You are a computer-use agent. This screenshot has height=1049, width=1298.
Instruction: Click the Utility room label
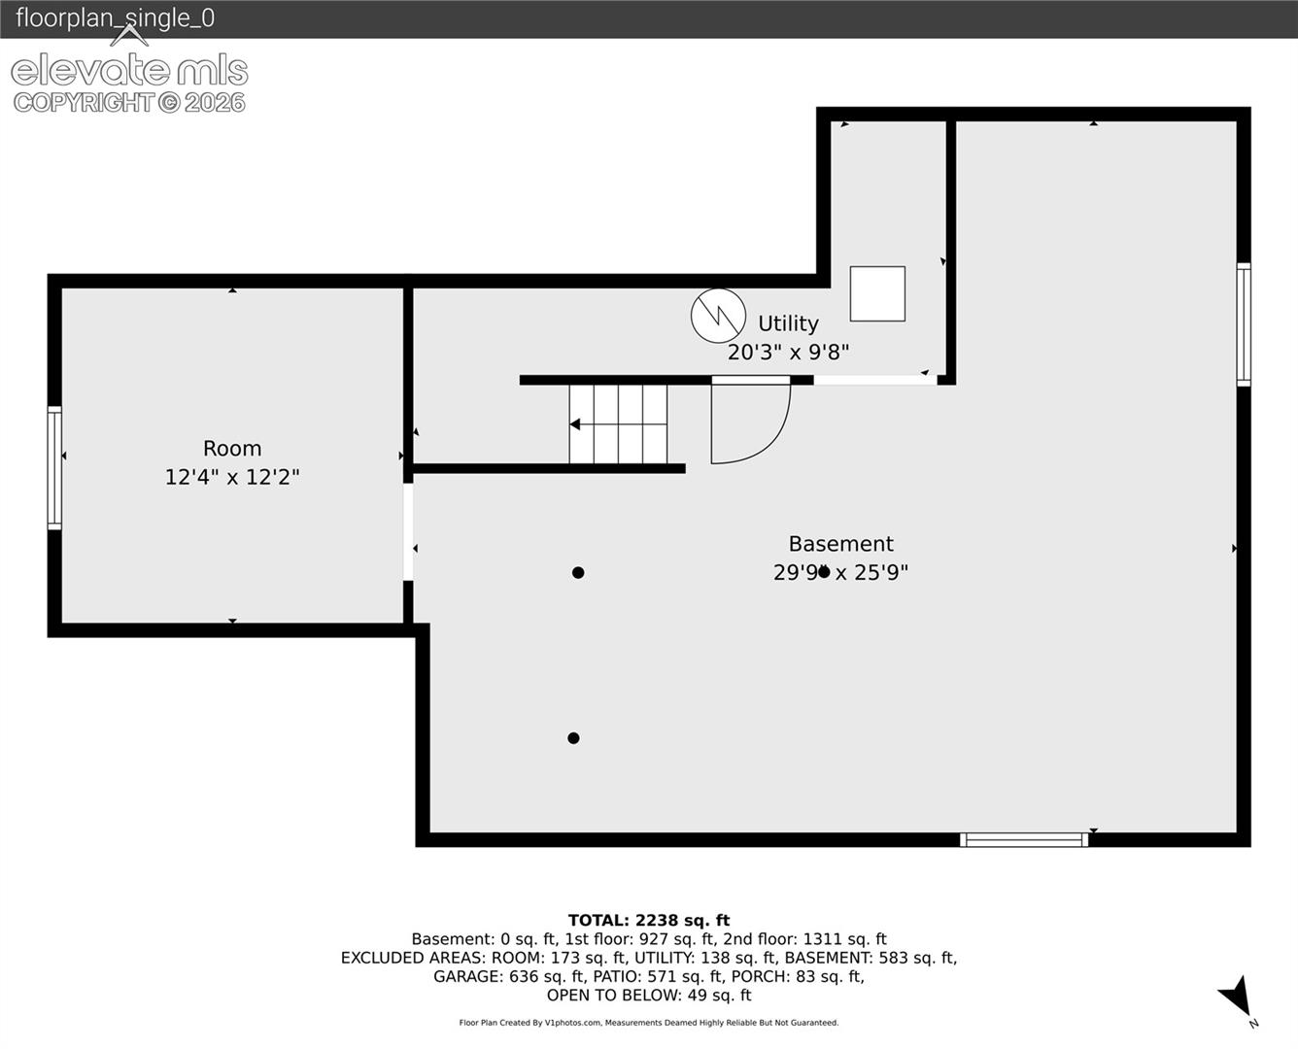coord(788,323)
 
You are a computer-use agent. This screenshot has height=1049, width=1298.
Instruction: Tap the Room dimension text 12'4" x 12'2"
coord(232,477)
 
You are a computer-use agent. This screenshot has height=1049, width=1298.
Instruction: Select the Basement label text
coord(841,543)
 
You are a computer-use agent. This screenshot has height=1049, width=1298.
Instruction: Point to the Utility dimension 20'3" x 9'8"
coord(788,353)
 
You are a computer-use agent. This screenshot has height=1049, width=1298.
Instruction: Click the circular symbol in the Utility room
coord(718,316)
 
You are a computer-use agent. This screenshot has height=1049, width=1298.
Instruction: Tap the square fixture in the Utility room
coord(877,293)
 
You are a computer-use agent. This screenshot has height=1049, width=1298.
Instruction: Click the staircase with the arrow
coord(618,424)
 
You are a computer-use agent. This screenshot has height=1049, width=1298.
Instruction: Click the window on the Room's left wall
coord(54,468)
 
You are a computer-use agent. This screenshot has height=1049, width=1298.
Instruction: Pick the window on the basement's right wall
coord(1244,324)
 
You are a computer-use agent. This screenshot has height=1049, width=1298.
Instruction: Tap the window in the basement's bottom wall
coord(1024,840)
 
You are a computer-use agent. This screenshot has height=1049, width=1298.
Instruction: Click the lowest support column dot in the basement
coord(573,738)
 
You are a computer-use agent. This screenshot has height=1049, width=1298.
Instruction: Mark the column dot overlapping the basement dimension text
coord(824,572)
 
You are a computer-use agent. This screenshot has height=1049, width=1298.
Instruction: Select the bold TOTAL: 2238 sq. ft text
coord(649,920)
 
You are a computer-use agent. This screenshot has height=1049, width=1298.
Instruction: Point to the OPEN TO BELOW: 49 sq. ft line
coord(649,996)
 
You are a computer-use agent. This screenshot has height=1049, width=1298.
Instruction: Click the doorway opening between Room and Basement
coord(408,532)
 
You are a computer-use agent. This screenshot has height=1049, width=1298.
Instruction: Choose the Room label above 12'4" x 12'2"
coord(232,449)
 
